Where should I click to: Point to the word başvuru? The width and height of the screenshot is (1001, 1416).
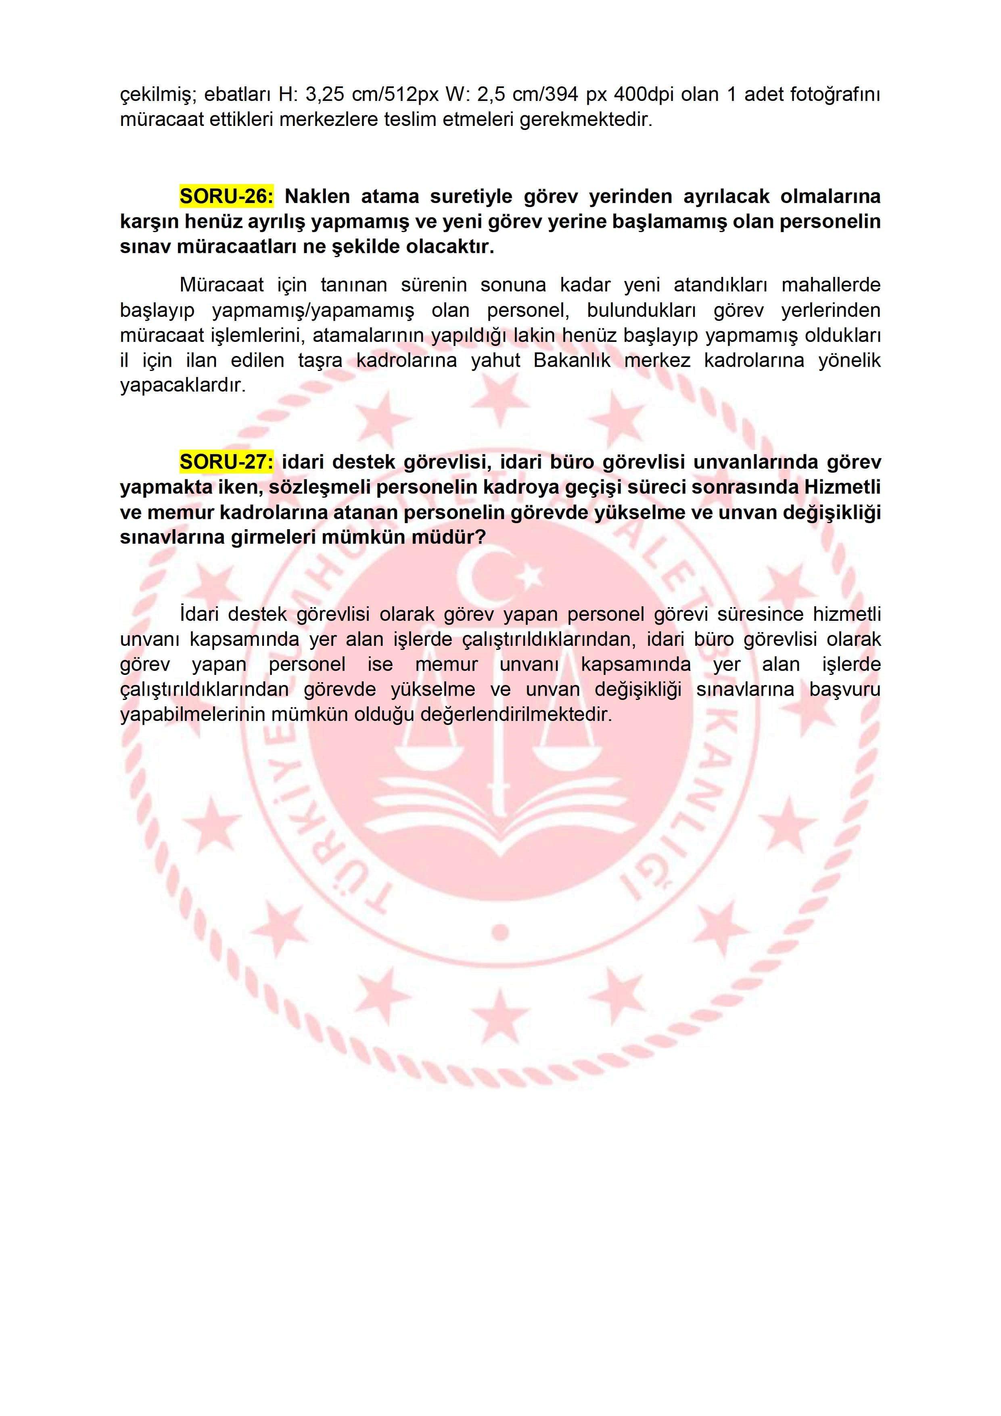[845, 689]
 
